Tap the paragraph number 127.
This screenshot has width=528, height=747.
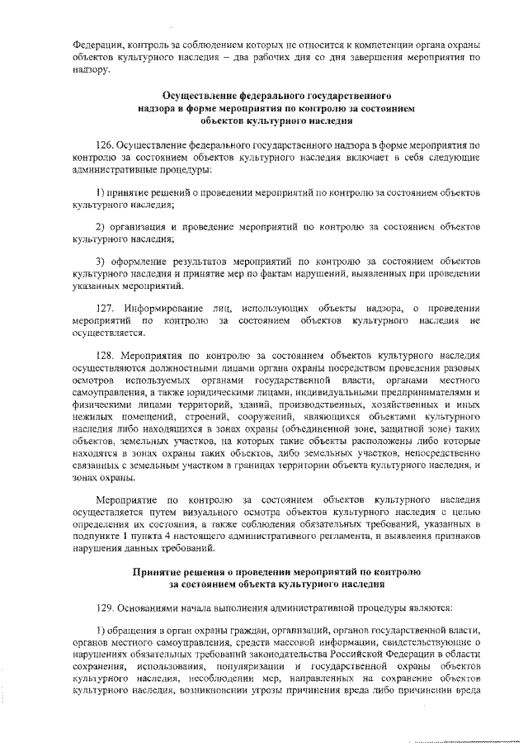coord(106,306)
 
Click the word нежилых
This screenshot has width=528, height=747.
coord(91,418)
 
